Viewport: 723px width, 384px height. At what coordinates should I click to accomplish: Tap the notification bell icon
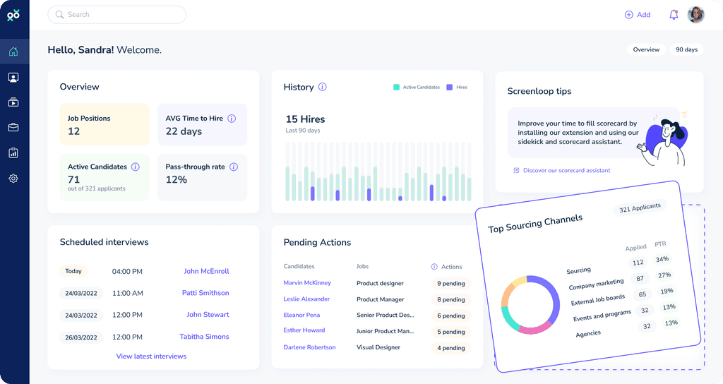pos(674,15)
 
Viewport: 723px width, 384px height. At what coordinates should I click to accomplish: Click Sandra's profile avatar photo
pos(696,15)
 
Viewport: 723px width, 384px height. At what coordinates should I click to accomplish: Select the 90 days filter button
pos(686,50)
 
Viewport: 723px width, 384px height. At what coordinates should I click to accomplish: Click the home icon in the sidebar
pos(13,52)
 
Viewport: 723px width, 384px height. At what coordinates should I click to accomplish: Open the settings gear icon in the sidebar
pos(13,179)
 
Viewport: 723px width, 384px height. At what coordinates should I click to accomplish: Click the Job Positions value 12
pos(74,131)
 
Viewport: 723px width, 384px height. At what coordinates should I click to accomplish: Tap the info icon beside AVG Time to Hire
pos(232,119)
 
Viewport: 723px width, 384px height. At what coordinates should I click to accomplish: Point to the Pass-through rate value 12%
pos(177,180)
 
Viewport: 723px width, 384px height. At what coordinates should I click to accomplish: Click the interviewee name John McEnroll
pos(206,271)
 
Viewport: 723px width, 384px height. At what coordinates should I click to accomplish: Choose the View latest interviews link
pos(151,356)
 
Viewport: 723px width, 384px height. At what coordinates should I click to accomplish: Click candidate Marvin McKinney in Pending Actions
pos(307,283)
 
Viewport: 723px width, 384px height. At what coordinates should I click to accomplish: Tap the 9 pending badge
pos(450,284)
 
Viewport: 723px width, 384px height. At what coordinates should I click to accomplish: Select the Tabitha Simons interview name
pos(204,337)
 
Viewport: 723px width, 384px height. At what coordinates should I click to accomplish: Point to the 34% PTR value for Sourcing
pos(662,259)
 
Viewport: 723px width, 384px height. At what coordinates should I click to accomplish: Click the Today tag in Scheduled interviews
pos(73,271)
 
